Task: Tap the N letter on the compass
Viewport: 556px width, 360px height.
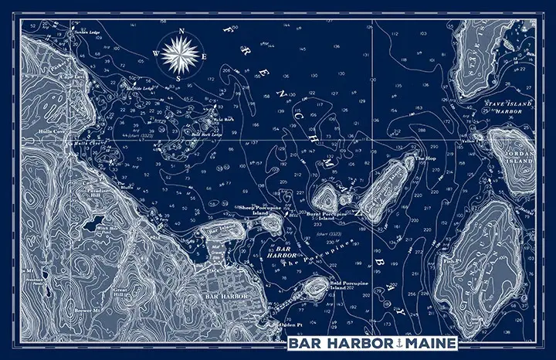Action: point(181,32)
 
